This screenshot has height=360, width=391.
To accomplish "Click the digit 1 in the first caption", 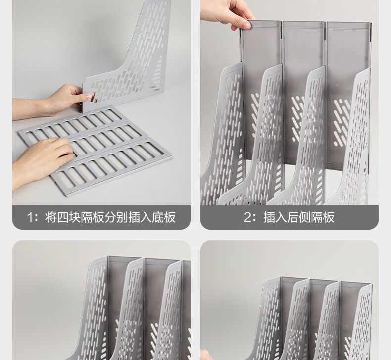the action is pos(30,217).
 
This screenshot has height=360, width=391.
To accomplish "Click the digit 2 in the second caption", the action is pos(247,217).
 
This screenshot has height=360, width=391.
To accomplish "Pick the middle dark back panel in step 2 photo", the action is pos(304,95).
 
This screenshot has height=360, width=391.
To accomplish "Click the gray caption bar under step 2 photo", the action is pos(290,217).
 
